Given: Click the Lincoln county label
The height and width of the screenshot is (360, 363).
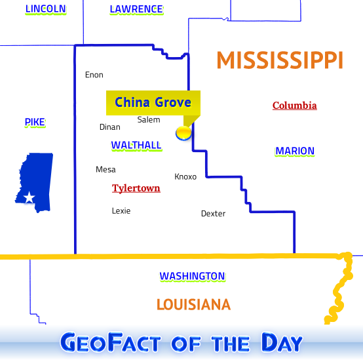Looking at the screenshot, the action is pos(45,9).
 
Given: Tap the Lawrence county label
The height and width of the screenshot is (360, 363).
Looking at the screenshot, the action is pos(136,9).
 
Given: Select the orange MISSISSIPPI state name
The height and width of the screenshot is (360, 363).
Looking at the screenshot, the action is pos(280,60).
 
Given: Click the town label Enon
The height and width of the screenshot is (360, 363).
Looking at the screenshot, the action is pos(94,75).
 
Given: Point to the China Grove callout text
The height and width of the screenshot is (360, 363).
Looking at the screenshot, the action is pos(153,102).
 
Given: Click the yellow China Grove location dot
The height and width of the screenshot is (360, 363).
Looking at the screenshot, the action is pos(184,133).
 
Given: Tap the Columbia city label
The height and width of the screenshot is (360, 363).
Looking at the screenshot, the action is pos(295,106).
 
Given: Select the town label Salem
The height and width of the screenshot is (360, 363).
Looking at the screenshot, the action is pos(149,119).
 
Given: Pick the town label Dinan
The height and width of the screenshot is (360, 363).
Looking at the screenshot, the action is pos(110,127).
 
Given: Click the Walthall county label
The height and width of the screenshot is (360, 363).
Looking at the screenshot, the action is pos(136,145).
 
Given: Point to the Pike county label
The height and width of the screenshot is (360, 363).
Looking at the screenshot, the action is pos(35,122).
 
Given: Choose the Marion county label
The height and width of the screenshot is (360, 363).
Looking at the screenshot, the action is pos(295,151).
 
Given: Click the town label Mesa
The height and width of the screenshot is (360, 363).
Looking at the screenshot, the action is pos(105,169).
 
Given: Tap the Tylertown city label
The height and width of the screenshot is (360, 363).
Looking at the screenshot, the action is pos(136,188).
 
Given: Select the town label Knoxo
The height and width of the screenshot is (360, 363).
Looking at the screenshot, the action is pos(185,176).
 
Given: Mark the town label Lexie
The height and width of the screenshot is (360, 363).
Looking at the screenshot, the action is pos(121,210).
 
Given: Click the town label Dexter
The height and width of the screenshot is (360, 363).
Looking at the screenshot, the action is pos(213,213).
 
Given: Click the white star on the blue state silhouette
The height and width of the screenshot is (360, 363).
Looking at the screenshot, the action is pos(29,197).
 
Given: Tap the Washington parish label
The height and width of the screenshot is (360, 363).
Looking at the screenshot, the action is pos(192,276).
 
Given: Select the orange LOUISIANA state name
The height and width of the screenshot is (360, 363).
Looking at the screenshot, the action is pos(193,304).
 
